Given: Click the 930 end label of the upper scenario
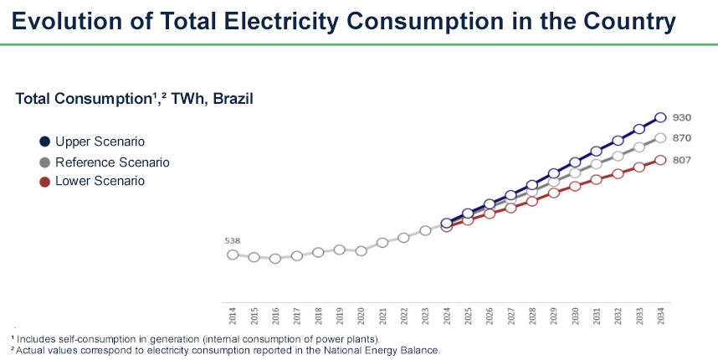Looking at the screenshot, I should point(682,118).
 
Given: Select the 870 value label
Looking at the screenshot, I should point(682,137).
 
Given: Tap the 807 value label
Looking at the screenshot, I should point(682,159).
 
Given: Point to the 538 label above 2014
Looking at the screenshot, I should point(233,240).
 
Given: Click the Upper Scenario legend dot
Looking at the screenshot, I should point(44,141).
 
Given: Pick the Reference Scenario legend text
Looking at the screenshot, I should point(112,162).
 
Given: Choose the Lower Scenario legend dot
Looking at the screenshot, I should point(44,181).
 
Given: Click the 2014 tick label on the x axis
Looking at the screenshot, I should point(233,315).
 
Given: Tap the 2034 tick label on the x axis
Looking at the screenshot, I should point(660,315).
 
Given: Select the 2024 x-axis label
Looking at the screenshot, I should point(447,315).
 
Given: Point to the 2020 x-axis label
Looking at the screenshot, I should point(361,315).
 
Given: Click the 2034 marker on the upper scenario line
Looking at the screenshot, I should point(660,118).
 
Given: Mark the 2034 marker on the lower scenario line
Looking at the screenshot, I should point(660,159).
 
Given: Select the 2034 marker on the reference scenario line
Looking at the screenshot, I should point(660,137).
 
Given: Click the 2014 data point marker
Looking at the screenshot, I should point(233,254).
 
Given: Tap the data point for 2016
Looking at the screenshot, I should point(275,259).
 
